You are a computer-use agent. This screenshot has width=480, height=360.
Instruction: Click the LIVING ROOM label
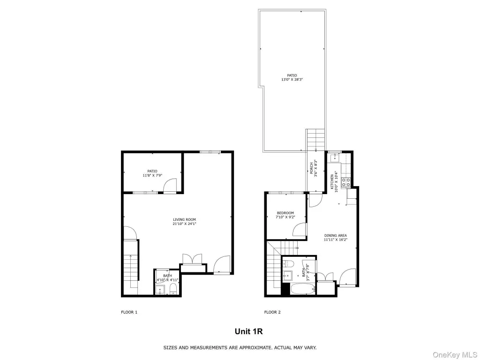(184, 219)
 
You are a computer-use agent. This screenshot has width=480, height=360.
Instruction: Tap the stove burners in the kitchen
(346, 182)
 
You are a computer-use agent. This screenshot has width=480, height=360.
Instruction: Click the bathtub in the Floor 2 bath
(302, 289)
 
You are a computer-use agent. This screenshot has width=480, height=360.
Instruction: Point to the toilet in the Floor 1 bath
(173, 289)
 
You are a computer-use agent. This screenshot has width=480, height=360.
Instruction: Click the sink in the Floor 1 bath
(160, 290)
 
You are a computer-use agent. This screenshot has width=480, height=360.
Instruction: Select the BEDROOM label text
(285, 213)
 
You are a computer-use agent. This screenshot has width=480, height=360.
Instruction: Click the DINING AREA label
(336, 236)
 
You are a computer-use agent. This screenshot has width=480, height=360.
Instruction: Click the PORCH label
(312, 168)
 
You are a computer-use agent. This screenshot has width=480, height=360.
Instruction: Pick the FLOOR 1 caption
(129, 312)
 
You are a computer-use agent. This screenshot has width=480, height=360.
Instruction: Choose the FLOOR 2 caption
(272, 312)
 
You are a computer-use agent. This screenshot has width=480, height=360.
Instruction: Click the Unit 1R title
(248, 331)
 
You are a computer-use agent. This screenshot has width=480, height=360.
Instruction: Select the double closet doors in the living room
(192, 259)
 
